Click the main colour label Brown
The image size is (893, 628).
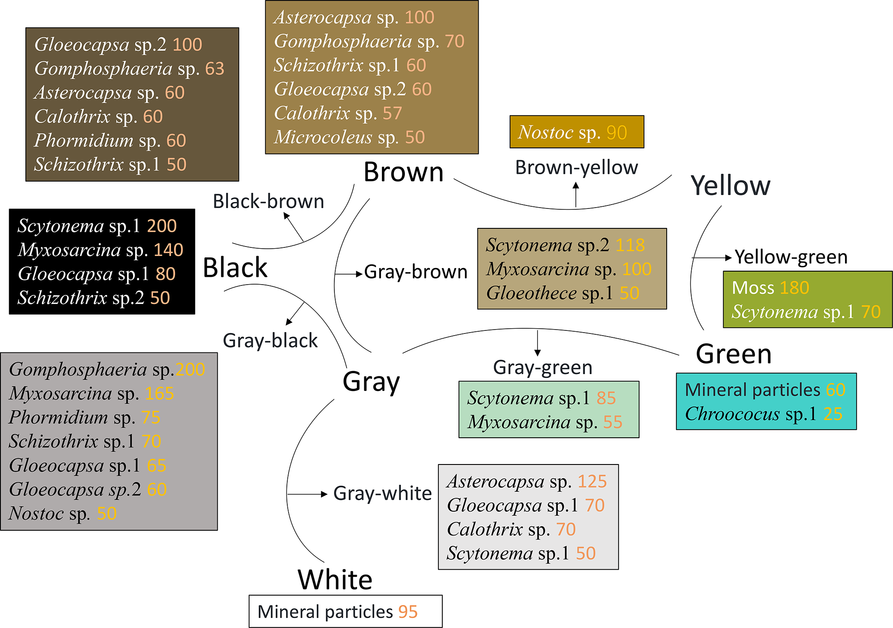(x=404, y=172)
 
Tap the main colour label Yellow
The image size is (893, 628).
(x=730, y=186)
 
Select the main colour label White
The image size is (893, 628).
(x=335, y=580)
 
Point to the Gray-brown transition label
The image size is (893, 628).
(x=416, y=272)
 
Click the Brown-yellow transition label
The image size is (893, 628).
(x=576, y=167)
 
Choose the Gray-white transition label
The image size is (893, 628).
(x=382, y=493)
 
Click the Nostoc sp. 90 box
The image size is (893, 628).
(x=576, y=132)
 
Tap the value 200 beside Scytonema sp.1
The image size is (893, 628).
(x=162, y=226)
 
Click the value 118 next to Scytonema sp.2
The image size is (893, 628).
(x=630, y=245)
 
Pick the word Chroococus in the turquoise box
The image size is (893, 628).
(x=732, y=414)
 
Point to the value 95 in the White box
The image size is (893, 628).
(x=407, y=612)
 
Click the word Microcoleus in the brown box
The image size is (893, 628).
(x=323, y=138)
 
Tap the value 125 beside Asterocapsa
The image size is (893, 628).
(x=592, y=481)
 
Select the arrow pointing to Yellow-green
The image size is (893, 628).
(x=713, y=258)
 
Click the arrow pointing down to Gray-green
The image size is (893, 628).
(x=537, y=344)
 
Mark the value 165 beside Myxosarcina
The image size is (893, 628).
(x=159, y=394)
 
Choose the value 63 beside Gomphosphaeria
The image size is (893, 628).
(x=215, y=69)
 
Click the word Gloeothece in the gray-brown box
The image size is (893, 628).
(x=531, y=293)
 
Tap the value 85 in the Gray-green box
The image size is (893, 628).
(x=606, y=398)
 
